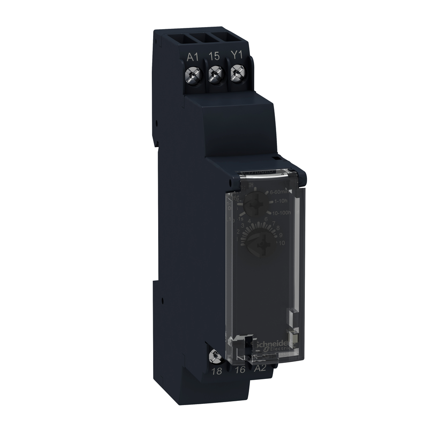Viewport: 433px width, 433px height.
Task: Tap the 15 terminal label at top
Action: click(x=214, y=56)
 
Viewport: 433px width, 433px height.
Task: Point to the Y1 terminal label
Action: click(x=236, y=56)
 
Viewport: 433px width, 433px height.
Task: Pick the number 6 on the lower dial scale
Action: click(x=266, y=219)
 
